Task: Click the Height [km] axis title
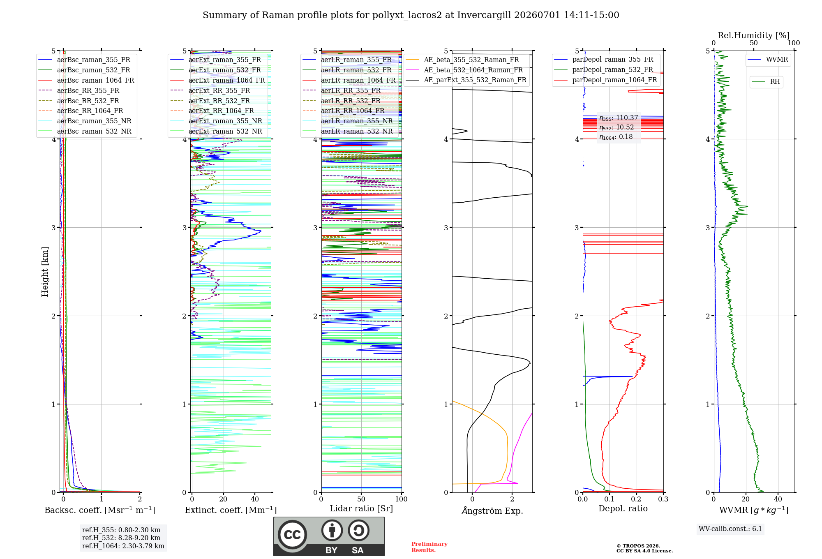click(45, 272)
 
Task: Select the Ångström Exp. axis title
click(492, 510)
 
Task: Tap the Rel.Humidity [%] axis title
click(754, 35)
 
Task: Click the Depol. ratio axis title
click(623, 508)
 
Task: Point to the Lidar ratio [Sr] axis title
click(361, 508)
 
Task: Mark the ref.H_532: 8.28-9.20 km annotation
click(121, 538)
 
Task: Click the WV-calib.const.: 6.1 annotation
click(730, 529)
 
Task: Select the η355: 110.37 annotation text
click(619, 118)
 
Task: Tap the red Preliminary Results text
click(429, 547)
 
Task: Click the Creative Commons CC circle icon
click(292, 534)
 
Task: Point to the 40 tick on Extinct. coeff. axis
click(255, 499)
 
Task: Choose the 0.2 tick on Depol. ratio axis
click(636, 499)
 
